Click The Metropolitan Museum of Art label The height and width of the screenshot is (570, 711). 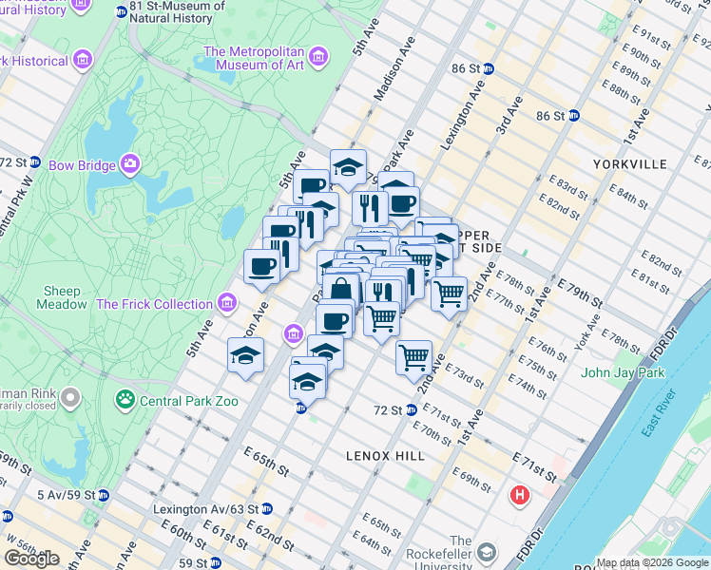pyautogui.click(x=267, y=57)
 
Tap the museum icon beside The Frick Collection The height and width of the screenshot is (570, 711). pyautogui.click(x=226, y=304)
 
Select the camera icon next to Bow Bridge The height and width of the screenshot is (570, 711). pyautogui.click(x=129, y=164)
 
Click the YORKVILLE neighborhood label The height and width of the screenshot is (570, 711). pyautogui.click(x=628, y=164)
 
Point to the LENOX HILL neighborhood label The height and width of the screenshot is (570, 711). pyautogui.click(x=385, y=456)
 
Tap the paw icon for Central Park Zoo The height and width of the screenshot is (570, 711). pyautogui.click(x=124, y=400)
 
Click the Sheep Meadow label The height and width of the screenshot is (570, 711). pyautogui.click(x=62, y=297)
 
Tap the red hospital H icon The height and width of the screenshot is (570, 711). pyautogui.click(x=520, y=495)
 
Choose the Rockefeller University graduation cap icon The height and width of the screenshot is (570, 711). pyautogui.click(x=486, y=552)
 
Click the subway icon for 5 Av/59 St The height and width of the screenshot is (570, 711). pyautogui.click(x=104, y=495)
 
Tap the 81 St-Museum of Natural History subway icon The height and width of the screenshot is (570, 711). pyautogui.click(x=120, y=11)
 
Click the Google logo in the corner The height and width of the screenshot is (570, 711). pyautogui.click(x=31, y=559)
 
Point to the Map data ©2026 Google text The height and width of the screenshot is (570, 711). pyautogui.click(x=651, y=562)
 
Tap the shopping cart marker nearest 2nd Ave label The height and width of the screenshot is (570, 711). pyautogui.click(x=413, y=358)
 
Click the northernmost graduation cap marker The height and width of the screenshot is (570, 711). pyautogui.click(x=348, y=166)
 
